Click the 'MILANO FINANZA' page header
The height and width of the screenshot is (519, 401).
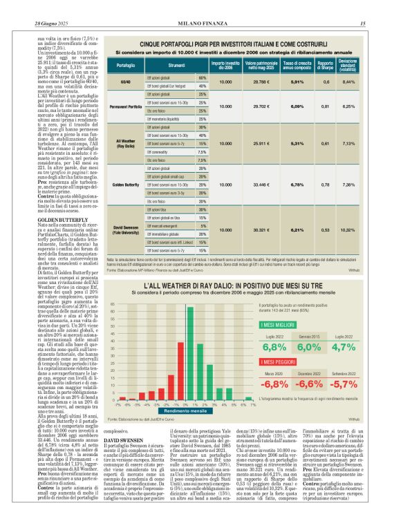200,6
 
